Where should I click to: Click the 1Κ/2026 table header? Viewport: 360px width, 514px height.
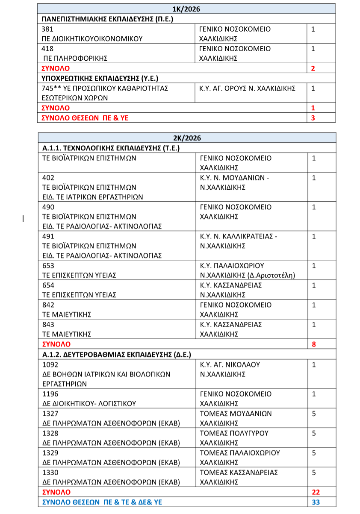pos(186,9)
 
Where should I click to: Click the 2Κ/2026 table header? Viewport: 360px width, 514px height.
pos(187,138)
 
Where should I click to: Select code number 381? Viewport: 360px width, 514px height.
pos(48,29)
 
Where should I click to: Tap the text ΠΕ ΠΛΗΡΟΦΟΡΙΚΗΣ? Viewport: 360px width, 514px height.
pos(75,58)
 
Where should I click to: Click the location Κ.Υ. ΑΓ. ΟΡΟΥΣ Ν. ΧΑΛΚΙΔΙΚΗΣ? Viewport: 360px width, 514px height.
pos(248,88)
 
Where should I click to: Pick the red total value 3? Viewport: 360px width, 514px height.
pos(313,118)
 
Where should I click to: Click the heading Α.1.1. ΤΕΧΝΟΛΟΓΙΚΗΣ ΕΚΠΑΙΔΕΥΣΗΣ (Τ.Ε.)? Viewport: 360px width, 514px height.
pos(111,148)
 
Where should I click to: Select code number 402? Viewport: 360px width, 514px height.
pos(48,178)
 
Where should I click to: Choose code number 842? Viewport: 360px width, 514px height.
pos(48,305)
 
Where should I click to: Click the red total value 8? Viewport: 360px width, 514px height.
pos(314,344)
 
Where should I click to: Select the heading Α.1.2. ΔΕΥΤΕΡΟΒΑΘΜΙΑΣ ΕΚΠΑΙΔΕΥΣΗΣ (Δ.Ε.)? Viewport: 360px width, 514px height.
pos(117,354)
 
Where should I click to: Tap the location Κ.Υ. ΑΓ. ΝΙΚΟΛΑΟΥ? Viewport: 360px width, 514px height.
pos(230,364)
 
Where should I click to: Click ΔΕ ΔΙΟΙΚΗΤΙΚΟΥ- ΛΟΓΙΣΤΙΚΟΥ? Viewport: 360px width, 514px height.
pos(89,403)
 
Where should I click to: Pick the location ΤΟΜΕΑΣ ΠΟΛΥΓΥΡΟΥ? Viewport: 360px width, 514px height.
pos(234,433)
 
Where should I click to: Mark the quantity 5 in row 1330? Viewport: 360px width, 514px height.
pos(314,473)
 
